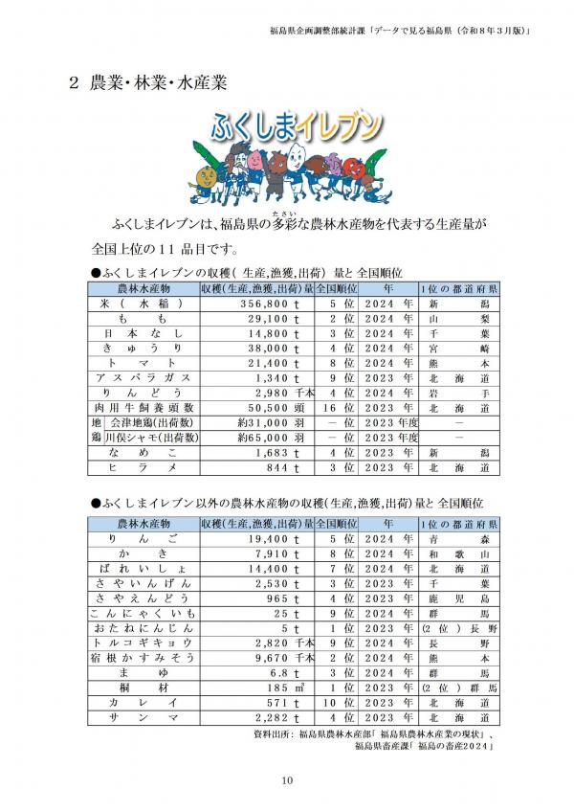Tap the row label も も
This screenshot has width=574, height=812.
143,318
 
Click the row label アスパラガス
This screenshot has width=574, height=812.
143,377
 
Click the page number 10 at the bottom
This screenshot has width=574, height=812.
287,781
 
